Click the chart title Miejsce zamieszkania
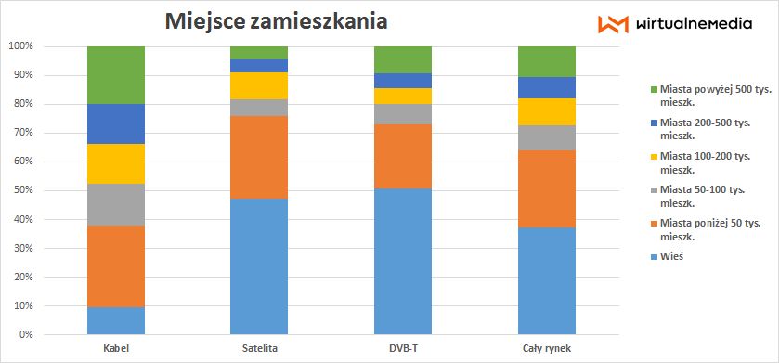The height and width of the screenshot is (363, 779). click(277, 20)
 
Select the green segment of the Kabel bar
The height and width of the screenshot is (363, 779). click(116, 74)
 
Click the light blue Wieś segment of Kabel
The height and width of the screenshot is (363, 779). click(116, 320)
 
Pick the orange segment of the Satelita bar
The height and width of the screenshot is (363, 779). click(258, 157)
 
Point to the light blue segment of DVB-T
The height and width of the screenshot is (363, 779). click(403, 261)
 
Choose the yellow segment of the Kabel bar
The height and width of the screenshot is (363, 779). click(116, 163)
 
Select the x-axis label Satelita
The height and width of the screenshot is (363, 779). click(258, 348)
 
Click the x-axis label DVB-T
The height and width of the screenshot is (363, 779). click(403, 348)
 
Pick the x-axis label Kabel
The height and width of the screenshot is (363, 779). click(116, 348)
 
